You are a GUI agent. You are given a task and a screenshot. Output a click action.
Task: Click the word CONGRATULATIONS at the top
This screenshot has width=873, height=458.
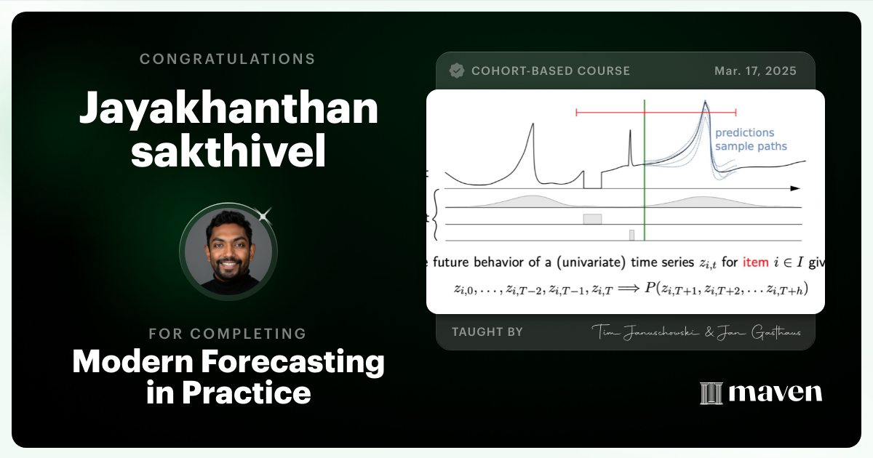click(228, 59)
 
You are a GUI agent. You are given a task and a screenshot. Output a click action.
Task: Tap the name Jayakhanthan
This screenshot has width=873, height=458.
click(228, 109)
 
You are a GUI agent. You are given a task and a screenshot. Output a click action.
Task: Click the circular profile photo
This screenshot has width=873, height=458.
click(228, 249)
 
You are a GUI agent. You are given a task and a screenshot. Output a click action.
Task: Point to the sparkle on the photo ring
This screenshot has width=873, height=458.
click(264, 214)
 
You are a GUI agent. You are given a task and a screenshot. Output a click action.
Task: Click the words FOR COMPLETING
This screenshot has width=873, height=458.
click(228, 334)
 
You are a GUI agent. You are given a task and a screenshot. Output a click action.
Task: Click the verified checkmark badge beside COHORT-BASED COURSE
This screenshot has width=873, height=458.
click(457, 71)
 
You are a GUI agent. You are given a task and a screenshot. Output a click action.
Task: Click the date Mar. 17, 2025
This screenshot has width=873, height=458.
click(755, 71)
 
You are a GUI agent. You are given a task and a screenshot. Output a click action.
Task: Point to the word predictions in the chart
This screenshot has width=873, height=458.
click(744, 133)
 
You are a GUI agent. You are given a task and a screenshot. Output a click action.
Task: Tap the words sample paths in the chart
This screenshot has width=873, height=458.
click(750, 146)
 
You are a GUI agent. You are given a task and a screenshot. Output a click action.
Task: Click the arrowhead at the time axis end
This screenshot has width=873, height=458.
click(795, 188)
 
